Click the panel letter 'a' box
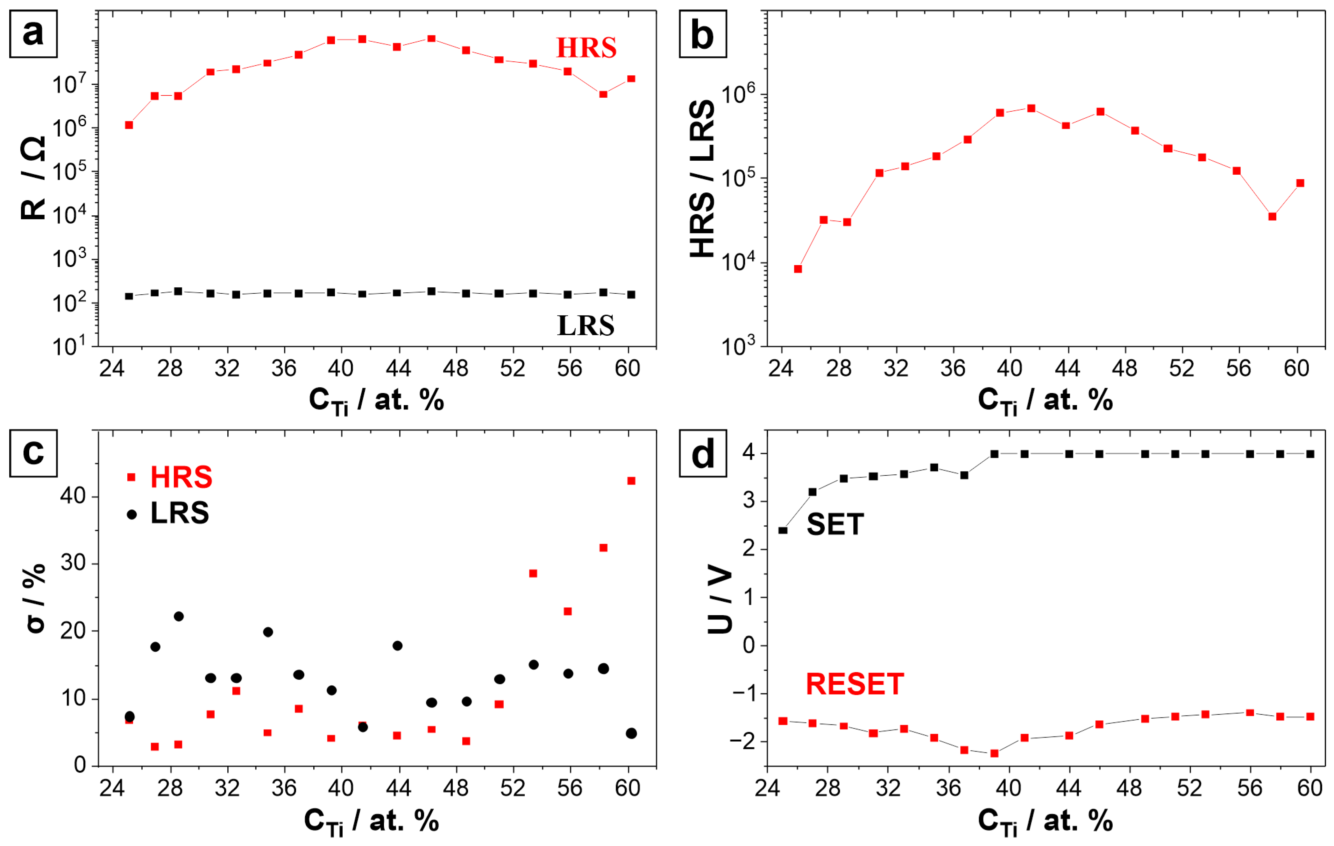tap(33, 34)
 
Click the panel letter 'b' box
tap(702, 34)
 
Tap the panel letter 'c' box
tap(33, 453)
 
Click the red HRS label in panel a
tap(586, 48)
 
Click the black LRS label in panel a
tap(585, 325)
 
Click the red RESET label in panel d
tap(854, 684)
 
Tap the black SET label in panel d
tap(835, 524)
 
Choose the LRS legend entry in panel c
tap(169, 513)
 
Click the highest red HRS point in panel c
tap(631, 480)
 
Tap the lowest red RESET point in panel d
tap(994, 753)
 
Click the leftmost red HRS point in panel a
tap(129, 125)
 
